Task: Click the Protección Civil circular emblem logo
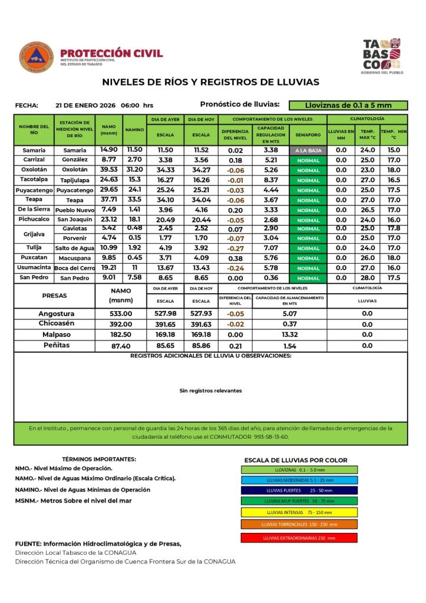(x=37, y=57)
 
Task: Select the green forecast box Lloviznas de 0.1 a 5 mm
(x=348, y=105)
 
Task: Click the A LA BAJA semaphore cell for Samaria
(x=309, y=150)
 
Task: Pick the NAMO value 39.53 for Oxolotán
(x=109, y=170)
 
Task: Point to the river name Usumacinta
(x=34, y=267)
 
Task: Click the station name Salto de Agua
(x=75, y=248)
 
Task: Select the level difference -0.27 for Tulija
(x=236, y=248)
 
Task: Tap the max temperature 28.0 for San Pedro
(x=368, y=277)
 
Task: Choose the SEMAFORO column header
(x=309, y=135)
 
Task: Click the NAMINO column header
(x=134, y=130)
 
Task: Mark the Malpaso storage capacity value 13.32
(x=289, y=334)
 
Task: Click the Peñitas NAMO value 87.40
(x=121, y=346)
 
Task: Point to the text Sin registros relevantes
(x=210, y=390)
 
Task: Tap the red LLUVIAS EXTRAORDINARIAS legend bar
(x=299, y=538)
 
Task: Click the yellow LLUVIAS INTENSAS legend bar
(x=299, y=512)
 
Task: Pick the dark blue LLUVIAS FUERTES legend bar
(x=299, y=490)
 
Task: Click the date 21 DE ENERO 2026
(x=85, y=105)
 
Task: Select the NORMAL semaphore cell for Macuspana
(x=309, y=258)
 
